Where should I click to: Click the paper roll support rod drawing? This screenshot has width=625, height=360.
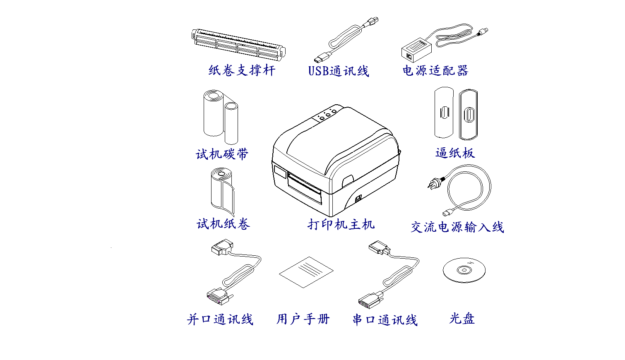click(238, 45)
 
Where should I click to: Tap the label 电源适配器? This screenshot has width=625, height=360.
click(435, 70)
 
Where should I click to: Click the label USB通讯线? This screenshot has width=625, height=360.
click(339, 71)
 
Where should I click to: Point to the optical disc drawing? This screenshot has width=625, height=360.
click(464, 270)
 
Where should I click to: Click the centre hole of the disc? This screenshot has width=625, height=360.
click(464, 270)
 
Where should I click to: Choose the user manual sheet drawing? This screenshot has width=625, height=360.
click(306, 272)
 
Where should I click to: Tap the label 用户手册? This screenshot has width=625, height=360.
click(303, 319)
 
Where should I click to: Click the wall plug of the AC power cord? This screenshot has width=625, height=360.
click(435, 183)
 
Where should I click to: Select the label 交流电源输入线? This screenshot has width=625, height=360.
click(457, 227)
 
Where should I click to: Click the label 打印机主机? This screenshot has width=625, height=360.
click(341, 224)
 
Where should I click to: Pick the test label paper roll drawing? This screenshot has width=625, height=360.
click(222, 192)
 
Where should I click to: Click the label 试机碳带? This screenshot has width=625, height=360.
click(222, 154)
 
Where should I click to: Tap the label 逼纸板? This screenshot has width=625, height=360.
click(455, 153)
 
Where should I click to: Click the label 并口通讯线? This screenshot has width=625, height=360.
click(220, 319)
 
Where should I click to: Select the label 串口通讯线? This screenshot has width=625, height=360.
click(385, 320)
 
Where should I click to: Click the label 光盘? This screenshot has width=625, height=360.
click(462, 319)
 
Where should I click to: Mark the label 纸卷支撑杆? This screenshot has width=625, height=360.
click(242, 70)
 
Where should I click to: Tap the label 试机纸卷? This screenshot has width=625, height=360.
click(223, 223)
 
